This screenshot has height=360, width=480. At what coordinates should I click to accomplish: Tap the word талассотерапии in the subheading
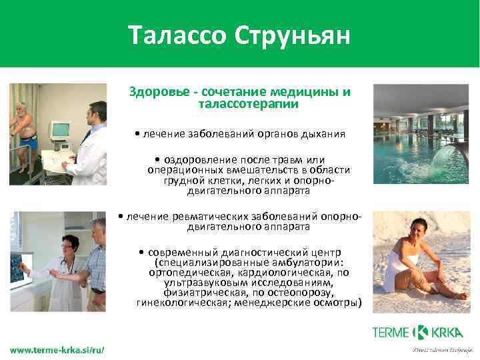[248, 105]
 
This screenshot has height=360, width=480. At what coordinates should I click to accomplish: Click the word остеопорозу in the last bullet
[300, 292]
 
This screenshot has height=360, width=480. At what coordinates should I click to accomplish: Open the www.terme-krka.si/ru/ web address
[57, 349]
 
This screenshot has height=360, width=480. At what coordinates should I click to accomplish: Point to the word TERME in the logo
[392, 332]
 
